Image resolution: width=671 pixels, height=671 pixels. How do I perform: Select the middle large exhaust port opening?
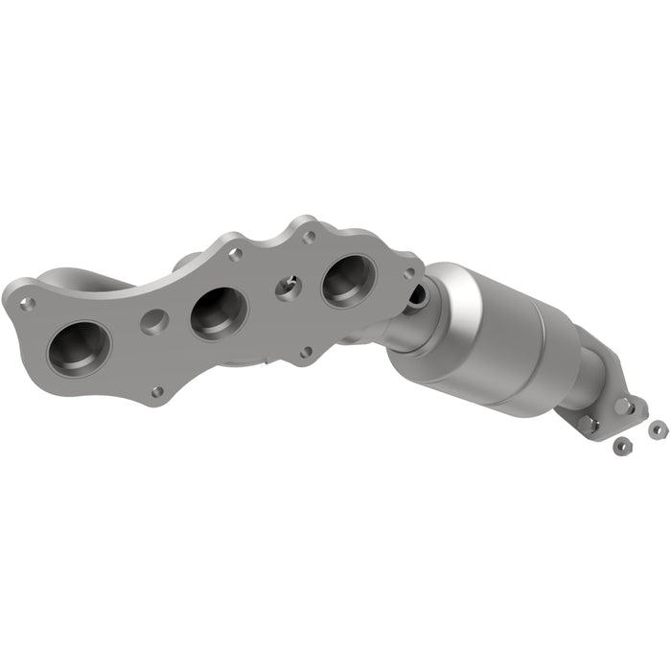tap(219, 312)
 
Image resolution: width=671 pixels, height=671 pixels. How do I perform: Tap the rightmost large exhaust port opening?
tap(348, 280)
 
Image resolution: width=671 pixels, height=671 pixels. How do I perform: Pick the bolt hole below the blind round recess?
tap(157, 391)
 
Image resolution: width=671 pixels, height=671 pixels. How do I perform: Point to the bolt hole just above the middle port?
tap(235, 254)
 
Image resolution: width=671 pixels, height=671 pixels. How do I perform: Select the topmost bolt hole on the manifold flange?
tap(309, 236)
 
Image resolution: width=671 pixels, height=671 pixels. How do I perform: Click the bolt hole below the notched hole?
tap(305, 352)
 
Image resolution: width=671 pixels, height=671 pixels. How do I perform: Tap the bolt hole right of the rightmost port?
tap(409, 273)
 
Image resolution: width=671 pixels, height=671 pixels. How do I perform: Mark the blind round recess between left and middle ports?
tap(154, 321)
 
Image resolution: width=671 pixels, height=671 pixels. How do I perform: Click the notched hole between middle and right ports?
tap(288, 286)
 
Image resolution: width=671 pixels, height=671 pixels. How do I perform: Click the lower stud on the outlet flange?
tap(587, 422)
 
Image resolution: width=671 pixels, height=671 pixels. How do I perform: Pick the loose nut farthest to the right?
tap(657, 429)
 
